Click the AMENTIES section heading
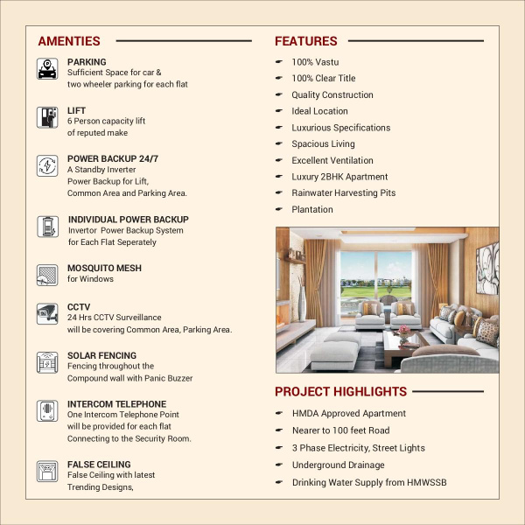(69, 41)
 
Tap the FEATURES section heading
(305, 41)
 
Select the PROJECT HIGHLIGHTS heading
(340, 392)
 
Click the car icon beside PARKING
(48, 69)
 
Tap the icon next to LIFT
(48, 117)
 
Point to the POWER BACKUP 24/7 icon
(48, 166)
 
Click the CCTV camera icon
(48, 314)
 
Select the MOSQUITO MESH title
(104, 268)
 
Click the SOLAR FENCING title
(101, 356)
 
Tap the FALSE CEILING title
(99, 465)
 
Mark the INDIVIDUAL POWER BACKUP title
(128, 220)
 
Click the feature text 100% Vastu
(315, 62)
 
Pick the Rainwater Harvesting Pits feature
(343, 192)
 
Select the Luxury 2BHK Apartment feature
(339, 177)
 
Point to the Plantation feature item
(312, 209)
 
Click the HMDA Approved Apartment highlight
(348, 413)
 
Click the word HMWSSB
(425, 483)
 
